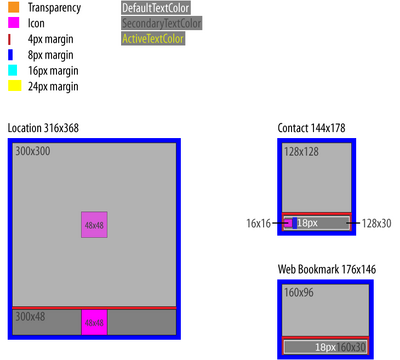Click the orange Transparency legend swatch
click(x=14, y=7)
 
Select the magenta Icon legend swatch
click(x=14, y=22)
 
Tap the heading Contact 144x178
click(x=313, y=129)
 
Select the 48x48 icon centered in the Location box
click(x=94, y=225)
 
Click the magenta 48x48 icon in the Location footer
click(x=94, y=323)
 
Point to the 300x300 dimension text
click(x=32, y=151)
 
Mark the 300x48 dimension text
click(x=30, y=316)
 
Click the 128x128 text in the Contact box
click(x=301, y=151)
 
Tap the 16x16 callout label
click(x=259, y=223)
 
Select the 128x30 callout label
click(x=376, y=223)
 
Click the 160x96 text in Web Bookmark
click(x=299, y=293)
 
